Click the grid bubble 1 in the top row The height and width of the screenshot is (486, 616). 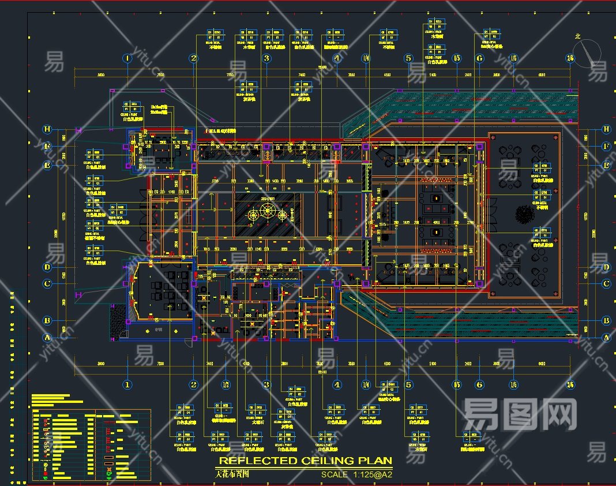pyautogui.click(x=127, y=58)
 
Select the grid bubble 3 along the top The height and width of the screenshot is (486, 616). pyautogui.click(x=266, y=58)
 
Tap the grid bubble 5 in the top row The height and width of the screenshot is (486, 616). pyautogui.click(x=408, y=58)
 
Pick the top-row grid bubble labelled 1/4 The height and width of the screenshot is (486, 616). pyautogui.click(x=366, y=58)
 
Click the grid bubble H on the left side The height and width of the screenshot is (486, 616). pyautogui.click(x=48, y=129)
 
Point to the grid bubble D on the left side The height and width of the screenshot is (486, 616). pyautogui.click(x=48, y=267)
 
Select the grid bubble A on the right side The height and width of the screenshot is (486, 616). pyautogui.click(x=606, y=338)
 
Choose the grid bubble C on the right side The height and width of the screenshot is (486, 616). pyautogui.click(x=606, y=284)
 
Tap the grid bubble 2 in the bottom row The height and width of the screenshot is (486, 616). pyautogui.click(x=194, y=384)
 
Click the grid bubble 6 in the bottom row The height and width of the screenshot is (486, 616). pyautogui.click(x=479, y=384)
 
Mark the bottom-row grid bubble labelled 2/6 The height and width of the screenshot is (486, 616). pyautogui.click(x=570, y=384)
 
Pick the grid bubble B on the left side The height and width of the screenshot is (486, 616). pyautogui.click(x=48, y=321)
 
